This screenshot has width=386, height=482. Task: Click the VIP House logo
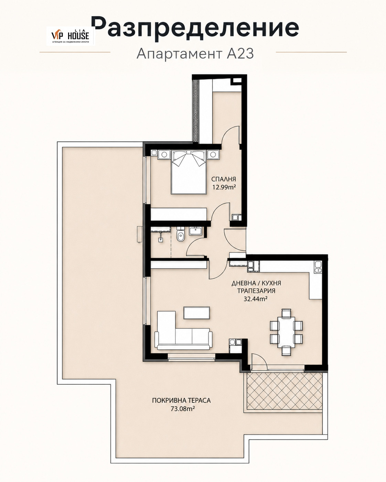(71, 36)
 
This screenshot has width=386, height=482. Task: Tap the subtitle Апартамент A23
(195, 54)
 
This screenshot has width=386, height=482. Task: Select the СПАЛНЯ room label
(224, 179)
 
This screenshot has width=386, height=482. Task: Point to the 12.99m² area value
(224, 187)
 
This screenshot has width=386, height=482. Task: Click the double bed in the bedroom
(189, 172)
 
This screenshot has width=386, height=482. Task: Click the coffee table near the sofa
(197, 313)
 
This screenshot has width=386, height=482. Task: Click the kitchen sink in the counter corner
(318, 267)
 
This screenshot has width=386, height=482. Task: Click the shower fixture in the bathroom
(161, 237)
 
